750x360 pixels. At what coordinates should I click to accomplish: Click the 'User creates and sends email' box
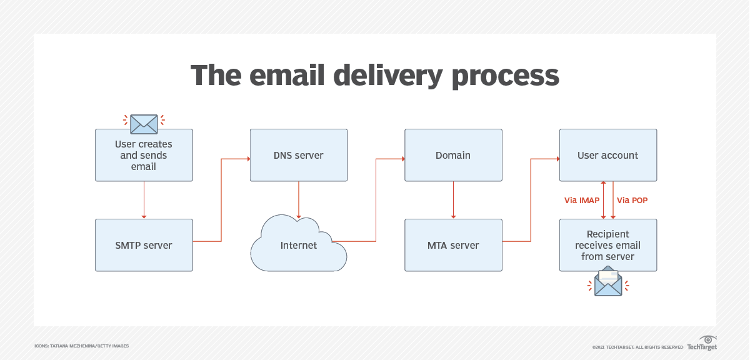tap(144, 155)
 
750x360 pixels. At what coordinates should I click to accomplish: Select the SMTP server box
tap(144, 245)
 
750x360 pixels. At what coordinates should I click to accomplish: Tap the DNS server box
tap(299, 155)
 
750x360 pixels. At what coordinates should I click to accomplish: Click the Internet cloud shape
tap(299, 245)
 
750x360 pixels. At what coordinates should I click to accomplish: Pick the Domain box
tap(453, 155)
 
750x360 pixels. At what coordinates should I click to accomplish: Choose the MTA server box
tap(453, 245)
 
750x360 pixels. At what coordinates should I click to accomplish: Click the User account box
tap(607, 155)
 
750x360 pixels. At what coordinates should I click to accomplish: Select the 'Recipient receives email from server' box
tap(607, 245)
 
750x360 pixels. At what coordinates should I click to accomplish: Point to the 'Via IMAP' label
tap(582, 201)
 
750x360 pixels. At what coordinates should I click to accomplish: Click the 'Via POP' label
tap(632, 201)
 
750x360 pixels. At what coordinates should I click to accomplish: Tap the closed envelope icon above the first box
tap(144, 123)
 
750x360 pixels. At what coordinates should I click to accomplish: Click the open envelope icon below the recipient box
tap(608, 282)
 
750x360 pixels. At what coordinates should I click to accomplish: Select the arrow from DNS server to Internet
tap(299, 199)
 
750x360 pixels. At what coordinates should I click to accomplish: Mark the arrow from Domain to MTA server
tap(453, 199)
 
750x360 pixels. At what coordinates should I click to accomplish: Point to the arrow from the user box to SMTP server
tap(144, 199)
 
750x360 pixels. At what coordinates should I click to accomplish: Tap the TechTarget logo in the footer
tap(702, 343)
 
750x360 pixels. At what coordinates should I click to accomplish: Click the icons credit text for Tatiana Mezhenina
tap(81, 346)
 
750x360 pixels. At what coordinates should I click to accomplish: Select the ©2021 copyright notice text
tap(637, 347)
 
